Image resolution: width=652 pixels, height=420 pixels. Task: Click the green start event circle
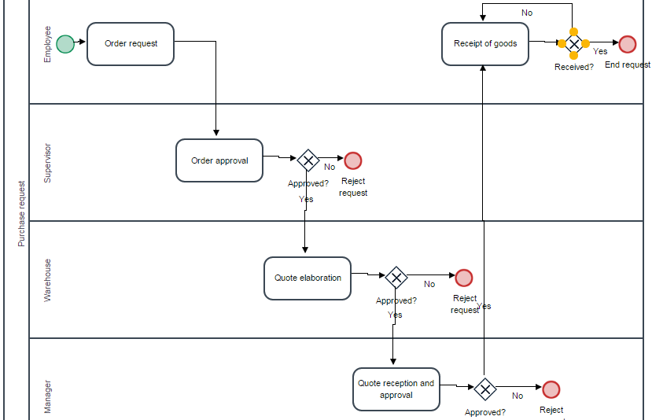[65, 44]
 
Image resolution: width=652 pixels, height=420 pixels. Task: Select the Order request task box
[131, 44]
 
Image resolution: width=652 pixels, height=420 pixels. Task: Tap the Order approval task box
[219, 160]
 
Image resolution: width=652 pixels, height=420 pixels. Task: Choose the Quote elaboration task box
[308, 278]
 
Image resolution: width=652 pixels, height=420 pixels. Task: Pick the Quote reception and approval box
[396, 389]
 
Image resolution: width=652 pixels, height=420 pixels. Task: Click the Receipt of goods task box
[485, 43]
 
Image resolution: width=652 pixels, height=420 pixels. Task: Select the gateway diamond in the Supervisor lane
[308, 161]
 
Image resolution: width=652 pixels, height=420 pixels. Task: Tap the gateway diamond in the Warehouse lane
[396, 277]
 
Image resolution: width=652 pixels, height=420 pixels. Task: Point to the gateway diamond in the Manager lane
[484, 389]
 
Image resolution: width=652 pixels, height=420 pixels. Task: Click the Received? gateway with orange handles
[574, 43]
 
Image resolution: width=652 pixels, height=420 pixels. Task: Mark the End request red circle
[628, 44]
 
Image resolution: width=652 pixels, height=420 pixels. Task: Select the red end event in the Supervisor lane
[353, 160]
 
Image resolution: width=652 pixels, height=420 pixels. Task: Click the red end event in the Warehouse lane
[464, 278]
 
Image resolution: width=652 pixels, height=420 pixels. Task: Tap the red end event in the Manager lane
[551, 389]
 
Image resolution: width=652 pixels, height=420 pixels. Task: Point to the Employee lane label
[47, 44]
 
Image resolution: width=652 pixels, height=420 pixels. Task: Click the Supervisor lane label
[47, 163]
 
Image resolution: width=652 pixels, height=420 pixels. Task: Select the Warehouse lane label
[47, 280]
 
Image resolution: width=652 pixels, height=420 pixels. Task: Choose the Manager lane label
[47, 396]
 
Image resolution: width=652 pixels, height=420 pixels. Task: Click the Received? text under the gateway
[574, 67]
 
